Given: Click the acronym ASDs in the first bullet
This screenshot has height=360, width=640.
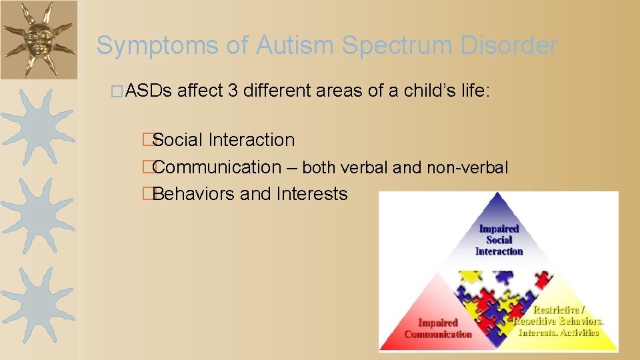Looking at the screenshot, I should (148, 91).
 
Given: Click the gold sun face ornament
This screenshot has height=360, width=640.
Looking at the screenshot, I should (39, 39).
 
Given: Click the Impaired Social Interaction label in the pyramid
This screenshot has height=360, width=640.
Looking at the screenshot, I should (499, 240).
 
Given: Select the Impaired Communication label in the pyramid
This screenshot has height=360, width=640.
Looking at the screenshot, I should (438, 329).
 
